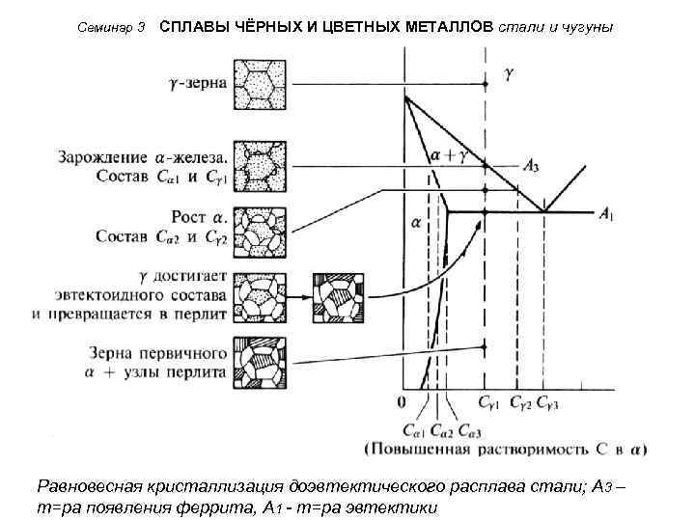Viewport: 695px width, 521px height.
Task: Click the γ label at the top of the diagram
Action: coord(509,73)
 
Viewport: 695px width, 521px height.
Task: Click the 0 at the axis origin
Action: coord(401,399)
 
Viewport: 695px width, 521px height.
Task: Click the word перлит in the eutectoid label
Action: coord(202,314)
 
